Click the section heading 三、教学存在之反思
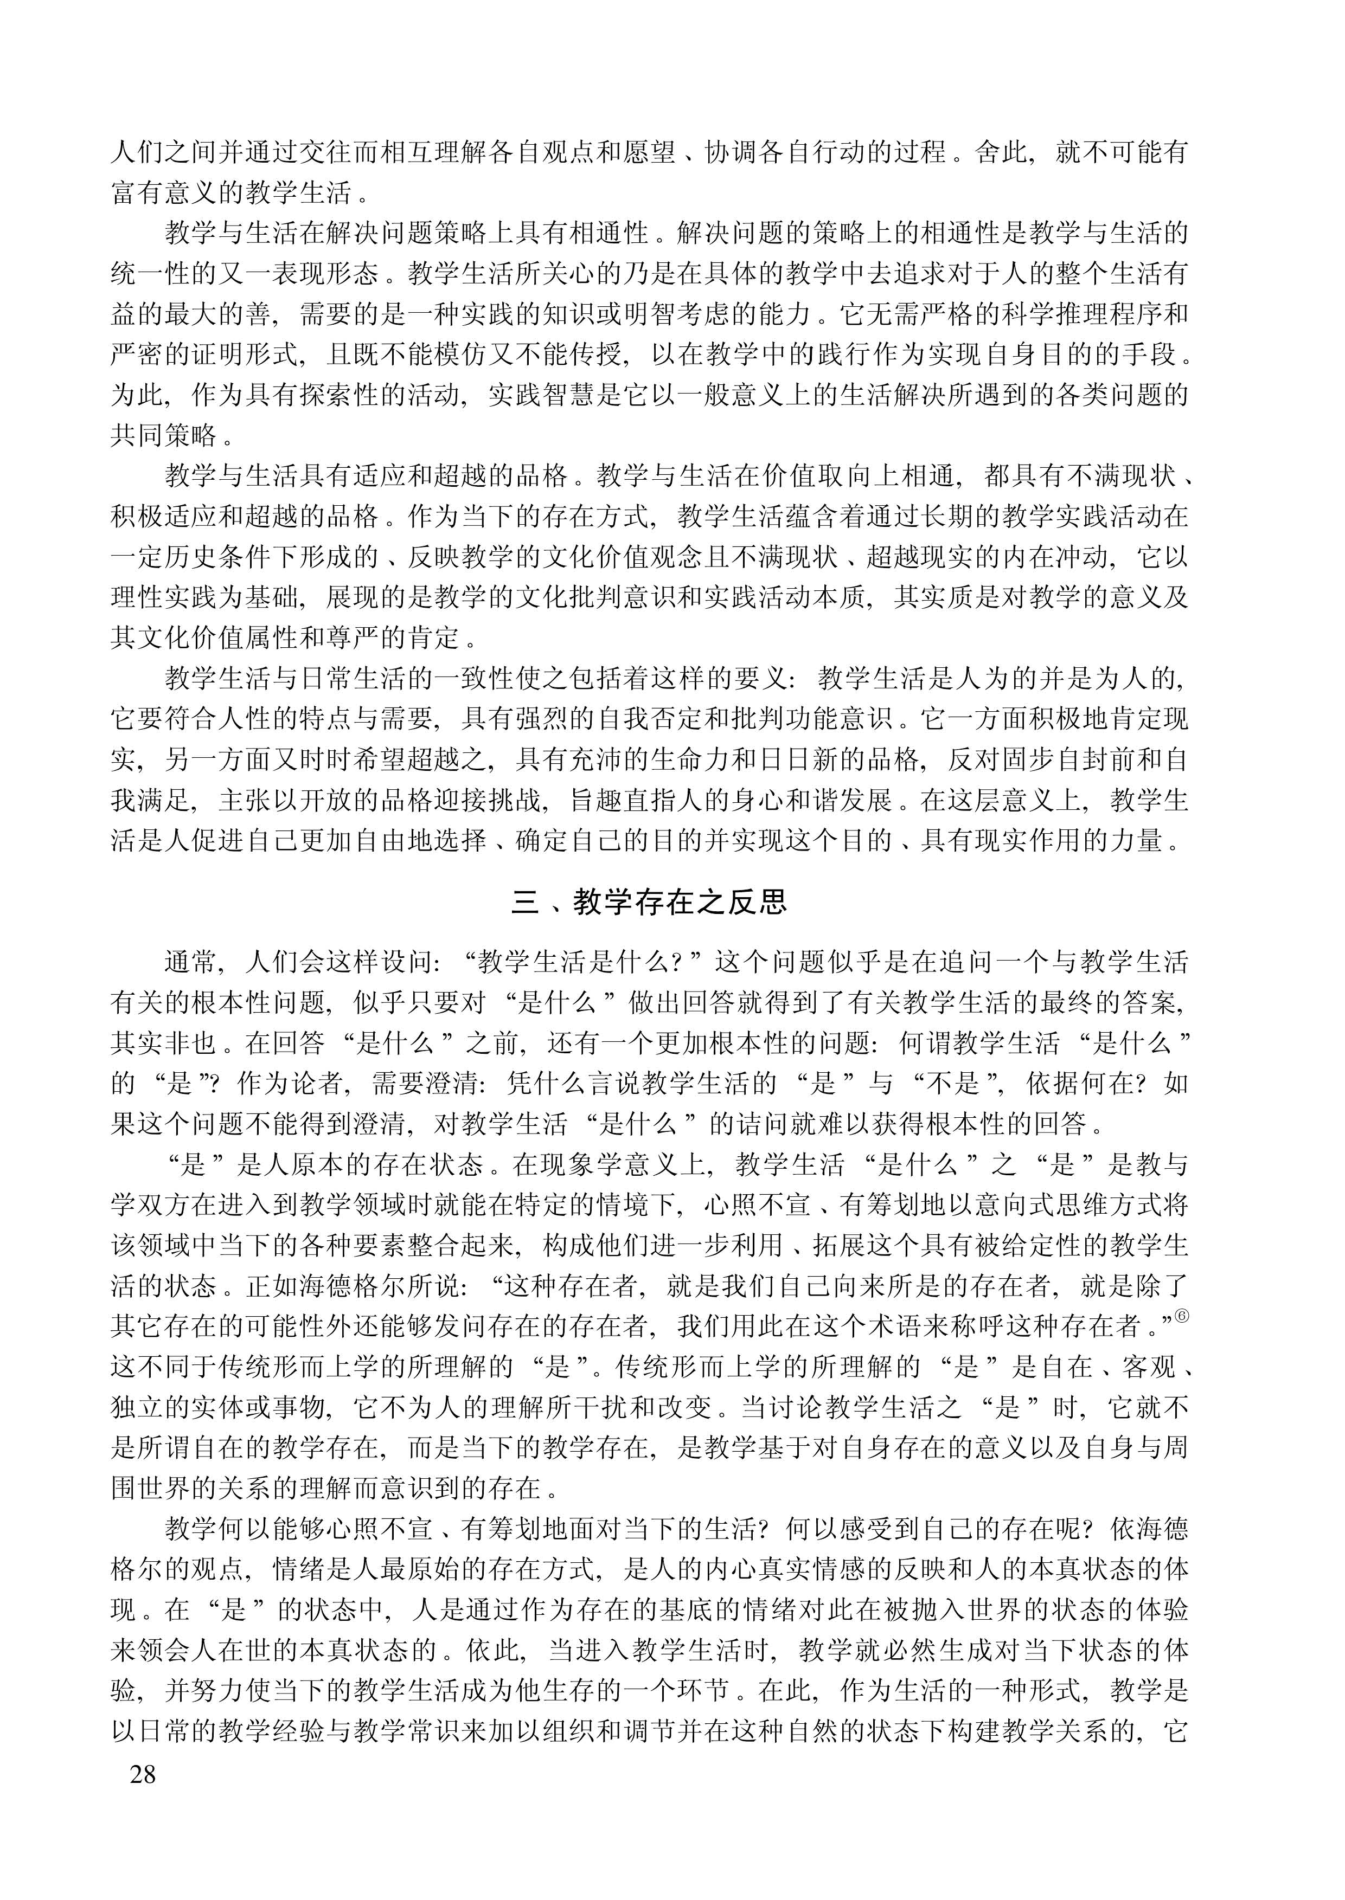[x=649, y=901]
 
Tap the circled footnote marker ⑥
[x=1182, y=1316]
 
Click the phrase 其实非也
[x=164, y=1043]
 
